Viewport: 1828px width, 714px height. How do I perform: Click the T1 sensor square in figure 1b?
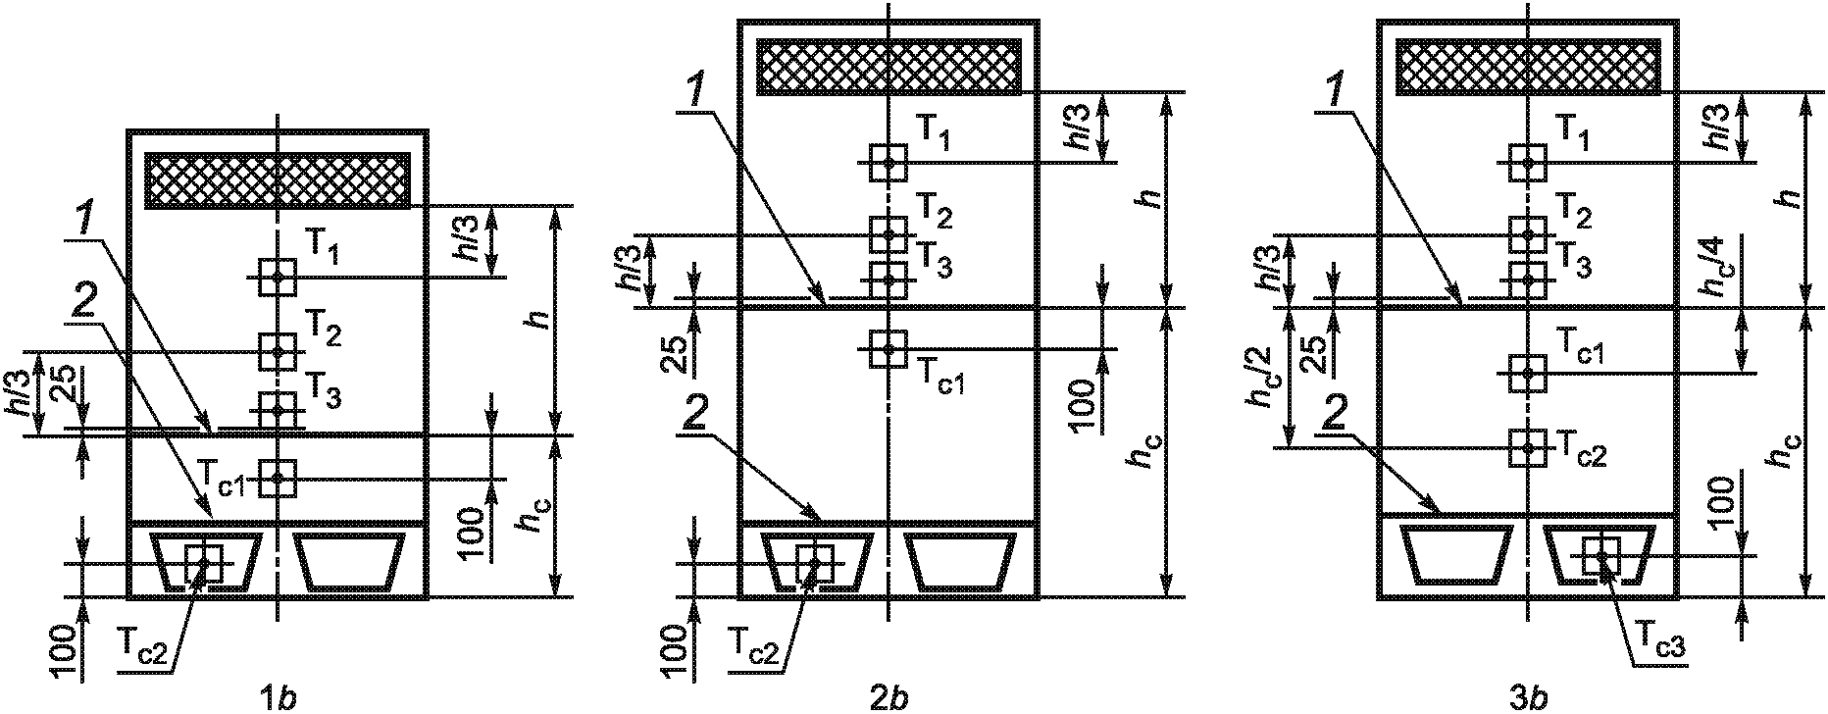click(279, 278)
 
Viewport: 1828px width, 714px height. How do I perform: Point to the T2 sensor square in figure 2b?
click(889, 234)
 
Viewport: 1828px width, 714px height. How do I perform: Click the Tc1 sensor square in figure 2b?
click(889, 348)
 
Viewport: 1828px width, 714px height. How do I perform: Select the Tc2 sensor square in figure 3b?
click(1528, 447)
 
